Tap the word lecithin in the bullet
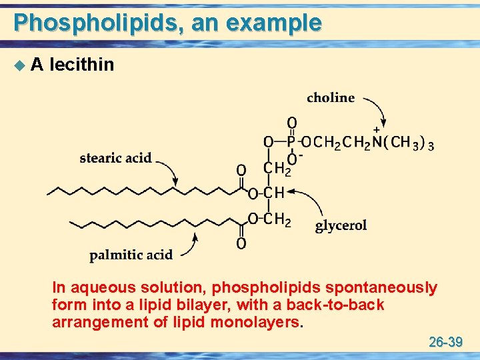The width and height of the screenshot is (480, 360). [x=82, y=65]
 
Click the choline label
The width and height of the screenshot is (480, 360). [x=331, y=97]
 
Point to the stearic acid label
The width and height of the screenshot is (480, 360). [x=115, y=158]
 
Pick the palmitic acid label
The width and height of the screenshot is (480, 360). [x=131, y=254]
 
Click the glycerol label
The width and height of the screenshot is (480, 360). [x=341, y=225]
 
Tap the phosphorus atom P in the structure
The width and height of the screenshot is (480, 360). [x=291, y=141]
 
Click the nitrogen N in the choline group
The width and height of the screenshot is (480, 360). [x=378, y=141]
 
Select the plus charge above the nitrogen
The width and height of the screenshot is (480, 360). [x=377, y=129]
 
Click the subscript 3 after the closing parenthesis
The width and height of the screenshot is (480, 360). [x=431, y=145]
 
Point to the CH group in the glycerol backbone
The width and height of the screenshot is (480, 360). [x=275, y=193]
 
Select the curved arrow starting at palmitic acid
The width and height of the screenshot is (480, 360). [x=187, y=249]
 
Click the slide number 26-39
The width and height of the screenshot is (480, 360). [x=445, y=343]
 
